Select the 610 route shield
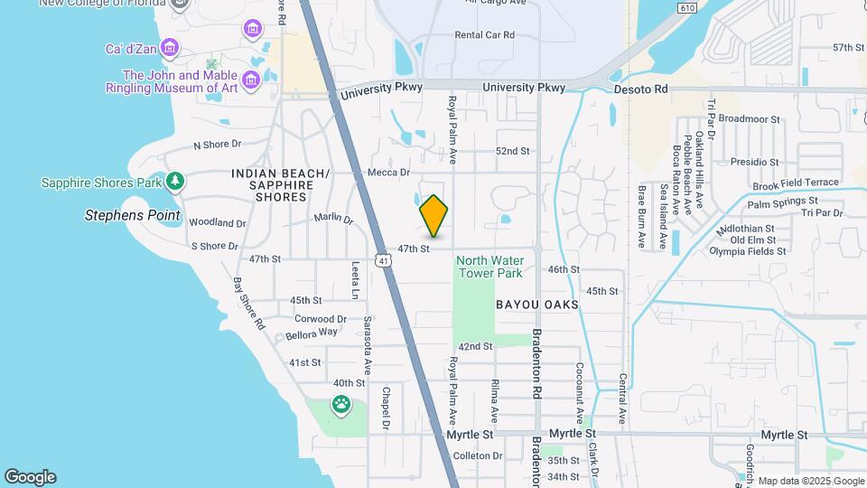click(688, 8)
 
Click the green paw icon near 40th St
click(341, 405)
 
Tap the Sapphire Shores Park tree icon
click(175, 182)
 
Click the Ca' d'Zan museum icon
click(252, 30)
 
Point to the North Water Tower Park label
click(490, 266)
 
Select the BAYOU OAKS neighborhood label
click(536, 305)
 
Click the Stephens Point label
click(133, 216)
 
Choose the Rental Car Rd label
click(484, 35)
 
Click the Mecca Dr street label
click(389, 172)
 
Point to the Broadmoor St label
click(749, 118)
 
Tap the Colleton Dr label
click(478, 456)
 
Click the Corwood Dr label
click(320, 319)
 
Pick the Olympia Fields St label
click(753, 251)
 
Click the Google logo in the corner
click(30, 476)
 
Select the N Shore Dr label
click(218, 144)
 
